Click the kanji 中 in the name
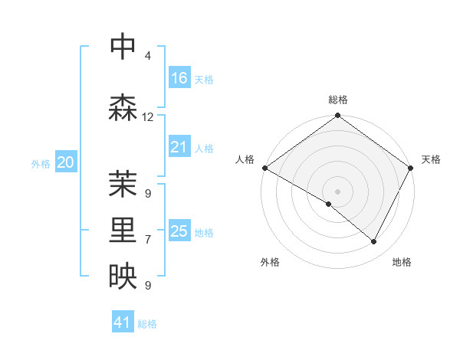point(123,47)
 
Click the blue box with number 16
point(179,78)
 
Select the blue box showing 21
point(179,147)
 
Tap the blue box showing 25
point(179,231)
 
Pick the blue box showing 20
point(66,162)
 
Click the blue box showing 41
point(123,323)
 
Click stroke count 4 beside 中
point(148,56)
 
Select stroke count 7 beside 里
point(148,240)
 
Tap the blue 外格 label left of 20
point(41,163)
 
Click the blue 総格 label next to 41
point(147,324)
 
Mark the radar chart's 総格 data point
point(337,116)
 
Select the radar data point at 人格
point(264,168)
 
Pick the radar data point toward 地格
point(374,242)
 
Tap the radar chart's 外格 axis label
point(270,263)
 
